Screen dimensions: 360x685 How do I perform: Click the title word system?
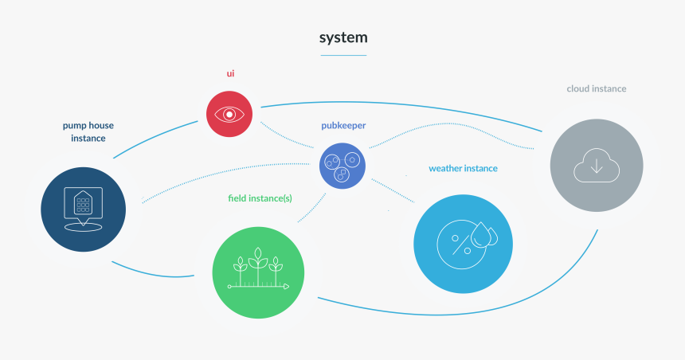(343, 37)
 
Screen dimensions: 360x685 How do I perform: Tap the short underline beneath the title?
(343, 55)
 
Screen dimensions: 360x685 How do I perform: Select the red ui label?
(230, 74)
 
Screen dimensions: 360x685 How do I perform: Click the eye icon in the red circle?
(229, 113)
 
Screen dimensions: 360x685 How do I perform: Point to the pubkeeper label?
(342, 126)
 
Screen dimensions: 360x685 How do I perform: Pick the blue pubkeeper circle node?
(342, 165)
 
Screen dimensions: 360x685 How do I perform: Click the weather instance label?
(463, 169)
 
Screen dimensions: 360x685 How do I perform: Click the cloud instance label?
(596, 88)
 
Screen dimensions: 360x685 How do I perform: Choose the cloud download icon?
(597, 165)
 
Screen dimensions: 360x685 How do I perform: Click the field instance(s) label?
(259, 197)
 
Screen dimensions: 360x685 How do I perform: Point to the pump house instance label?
(84, 131)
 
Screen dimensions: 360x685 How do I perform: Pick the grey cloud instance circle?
(597, 165)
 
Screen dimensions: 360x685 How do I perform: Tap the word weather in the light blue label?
(446, 169)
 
